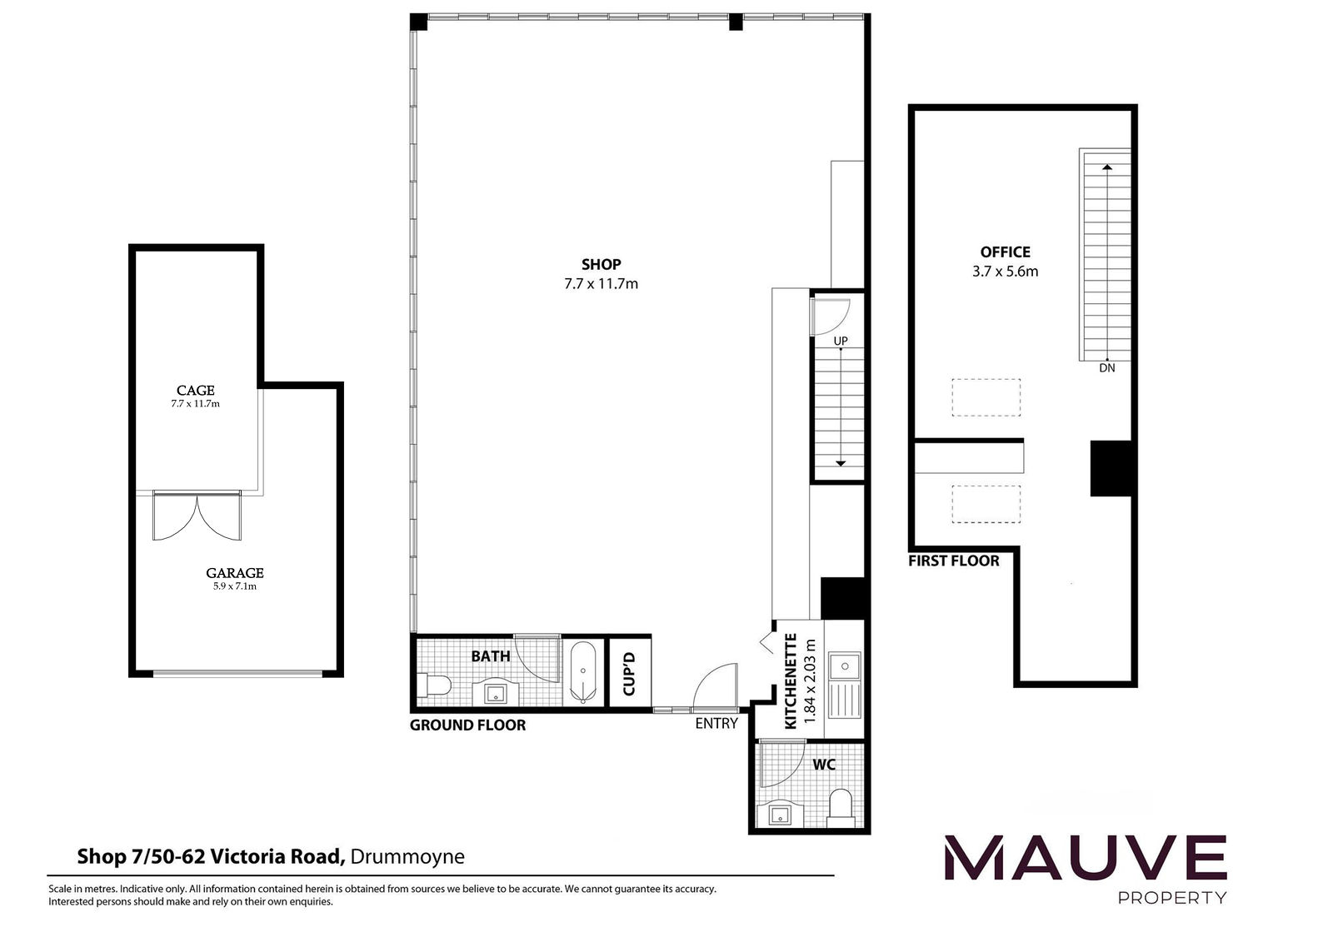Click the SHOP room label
point(601,264)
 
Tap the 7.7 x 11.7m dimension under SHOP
point(601,284)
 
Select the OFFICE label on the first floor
point(1005,252)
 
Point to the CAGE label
point(195,391)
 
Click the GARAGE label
point(234,573)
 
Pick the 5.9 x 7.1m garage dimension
point(234,586)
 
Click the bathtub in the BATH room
point(582,672)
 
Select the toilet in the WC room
point(841,807)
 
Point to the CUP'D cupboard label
point(629,674)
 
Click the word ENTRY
point(716,723)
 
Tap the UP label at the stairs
point(841,341)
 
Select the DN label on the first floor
point(1107,368)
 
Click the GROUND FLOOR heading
point(467,725)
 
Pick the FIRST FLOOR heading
point(953,561)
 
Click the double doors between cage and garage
point(197,516)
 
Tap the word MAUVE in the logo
point(1086,858)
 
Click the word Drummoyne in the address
point(407,857)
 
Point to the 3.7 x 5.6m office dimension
point(1005,272)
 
